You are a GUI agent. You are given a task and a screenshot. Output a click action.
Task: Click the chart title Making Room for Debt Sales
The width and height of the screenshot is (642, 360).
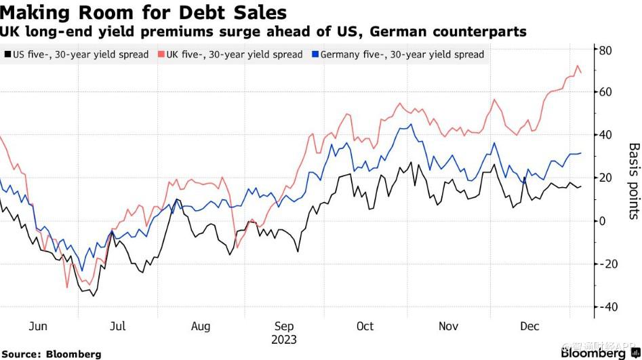(144, 12)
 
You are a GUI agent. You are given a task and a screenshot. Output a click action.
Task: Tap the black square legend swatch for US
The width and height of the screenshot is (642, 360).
(7, 54)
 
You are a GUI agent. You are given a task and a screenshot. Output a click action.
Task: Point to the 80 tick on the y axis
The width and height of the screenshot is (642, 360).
(605, 49)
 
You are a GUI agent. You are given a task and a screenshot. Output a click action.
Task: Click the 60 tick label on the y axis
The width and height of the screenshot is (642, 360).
(605, 92)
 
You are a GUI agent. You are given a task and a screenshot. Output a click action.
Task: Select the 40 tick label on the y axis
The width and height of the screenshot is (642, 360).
(605, 135)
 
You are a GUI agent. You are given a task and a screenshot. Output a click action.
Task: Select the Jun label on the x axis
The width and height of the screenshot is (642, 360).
(38, 326)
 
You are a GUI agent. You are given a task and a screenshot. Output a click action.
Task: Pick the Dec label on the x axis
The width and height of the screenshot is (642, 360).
(529, 326)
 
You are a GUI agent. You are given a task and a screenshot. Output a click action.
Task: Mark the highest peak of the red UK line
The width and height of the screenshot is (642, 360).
(578, 66)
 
